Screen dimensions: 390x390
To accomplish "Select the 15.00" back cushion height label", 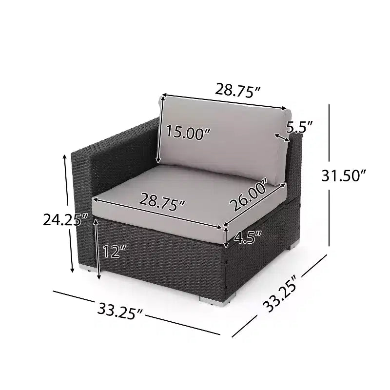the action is point(188,132).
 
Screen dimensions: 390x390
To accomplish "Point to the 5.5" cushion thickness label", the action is point(299,127).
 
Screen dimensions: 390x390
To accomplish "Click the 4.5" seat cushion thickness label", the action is point(248,237).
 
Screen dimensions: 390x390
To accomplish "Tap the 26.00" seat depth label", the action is point(249,194).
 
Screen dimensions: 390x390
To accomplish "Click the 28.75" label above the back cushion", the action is point(237,90).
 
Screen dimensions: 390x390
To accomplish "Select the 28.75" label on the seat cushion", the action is point(162,201).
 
